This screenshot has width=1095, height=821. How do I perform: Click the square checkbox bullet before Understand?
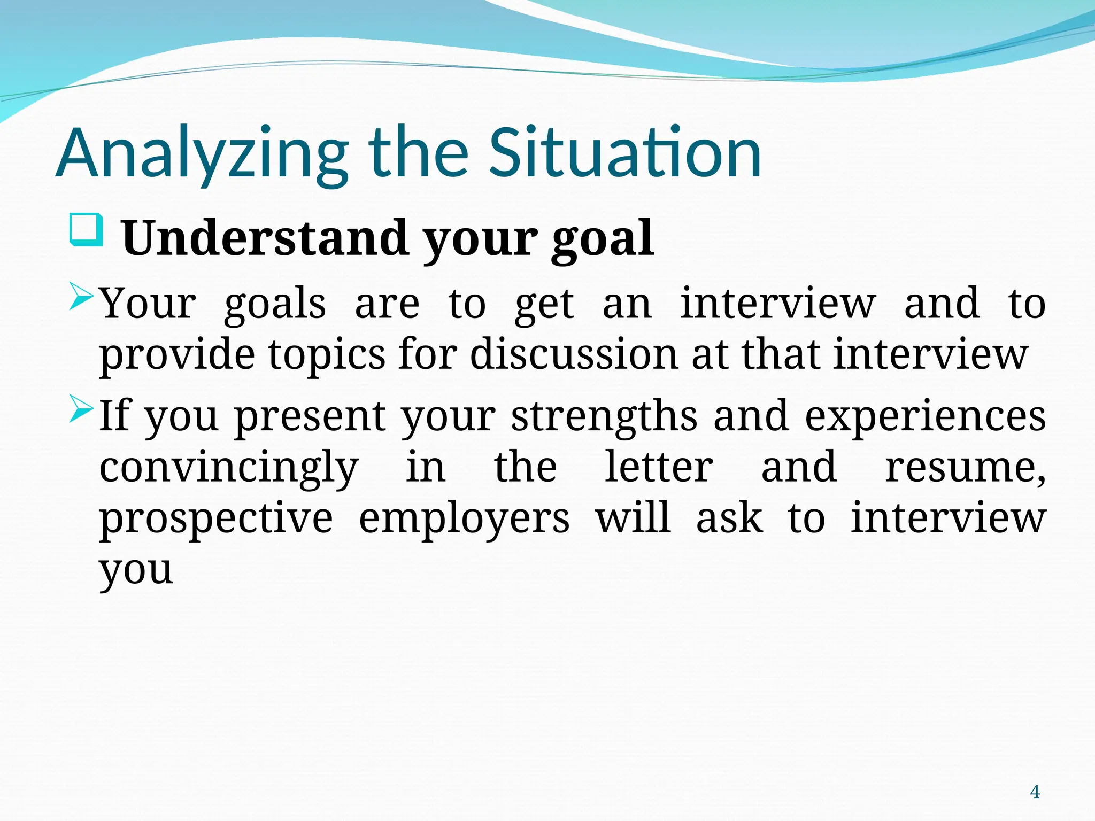86,230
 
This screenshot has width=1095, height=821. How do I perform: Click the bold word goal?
602,239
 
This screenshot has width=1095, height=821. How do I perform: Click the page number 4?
1035,791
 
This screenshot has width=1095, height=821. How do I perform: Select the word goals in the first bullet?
275,305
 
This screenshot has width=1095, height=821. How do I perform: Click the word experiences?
925,417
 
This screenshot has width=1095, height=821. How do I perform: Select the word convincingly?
229,468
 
